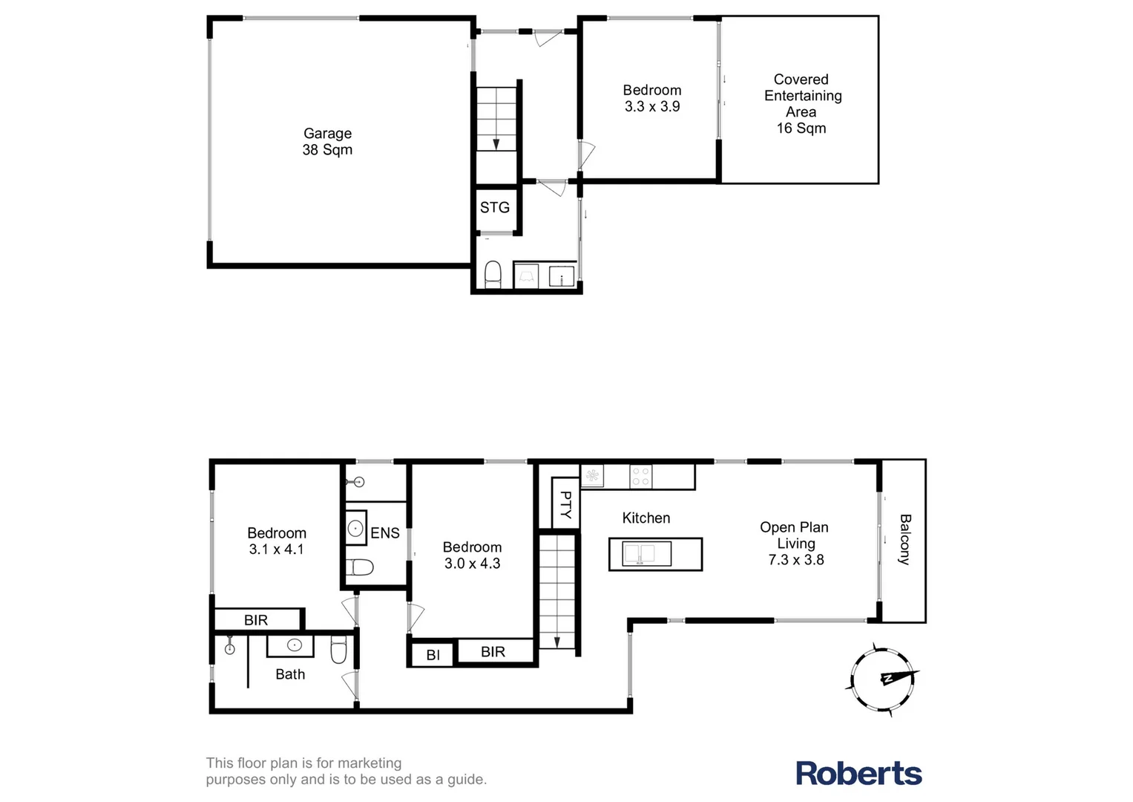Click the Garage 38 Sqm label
(x=327, y=142)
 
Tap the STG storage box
(x=495, y=208)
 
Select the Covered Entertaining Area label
(x=801, y=103)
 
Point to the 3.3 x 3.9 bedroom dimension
(x=652, y=107)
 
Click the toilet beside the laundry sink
(x=493, y=274)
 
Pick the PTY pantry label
(x=565, y=504)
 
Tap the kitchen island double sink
(x=639, y=554)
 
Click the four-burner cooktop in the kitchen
(x=640, y=476)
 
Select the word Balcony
(x=904, y=540)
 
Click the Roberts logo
(x=858, y=773)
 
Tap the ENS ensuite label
(x=385, y=533)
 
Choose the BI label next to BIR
(x=433, y=656)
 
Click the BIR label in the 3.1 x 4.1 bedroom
(x=256, y=620)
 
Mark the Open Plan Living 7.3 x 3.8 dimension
(x=796, y=560)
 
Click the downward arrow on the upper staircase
(x=496, y=143)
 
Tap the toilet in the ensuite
(x=360, y=568)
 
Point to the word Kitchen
(x=646, y=518)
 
